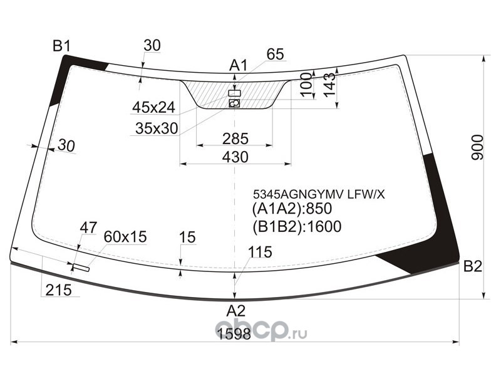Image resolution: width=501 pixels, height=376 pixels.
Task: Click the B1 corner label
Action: [61, 45]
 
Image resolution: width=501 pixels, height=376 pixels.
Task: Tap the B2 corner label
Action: [473, 267]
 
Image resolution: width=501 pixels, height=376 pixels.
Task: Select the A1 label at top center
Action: [239, 65]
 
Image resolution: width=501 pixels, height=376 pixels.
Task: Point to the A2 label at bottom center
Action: [235, 310]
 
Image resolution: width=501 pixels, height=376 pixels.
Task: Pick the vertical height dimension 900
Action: [478, 147]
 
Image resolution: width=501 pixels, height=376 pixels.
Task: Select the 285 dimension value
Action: [235, 138]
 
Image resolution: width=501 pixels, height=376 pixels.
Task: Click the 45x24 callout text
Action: [153, 108]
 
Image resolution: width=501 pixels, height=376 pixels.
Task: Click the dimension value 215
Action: [58, 290]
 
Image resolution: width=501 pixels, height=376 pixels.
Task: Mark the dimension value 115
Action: [260, 253]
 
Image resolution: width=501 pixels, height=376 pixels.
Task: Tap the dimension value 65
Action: [275, 55]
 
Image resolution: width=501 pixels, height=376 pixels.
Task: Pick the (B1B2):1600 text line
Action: [296, 226]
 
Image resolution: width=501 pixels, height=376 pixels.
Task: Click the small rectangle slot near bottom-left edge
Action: [81, 269]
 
